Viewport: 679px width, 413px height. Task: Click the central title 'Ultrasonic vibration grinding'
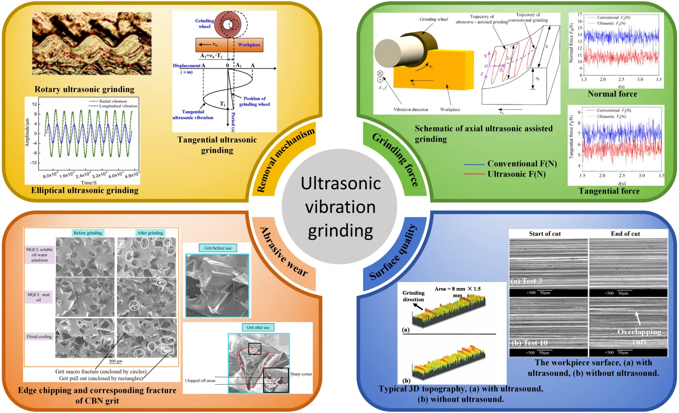(340, 207)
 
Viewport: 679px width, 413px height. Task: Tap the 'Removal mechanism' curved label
(285, 160)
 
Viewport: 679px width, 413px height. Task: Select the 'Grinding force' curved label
(396, 159)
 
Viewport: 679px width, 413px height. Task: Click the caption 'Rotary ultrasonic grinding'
(84, 89)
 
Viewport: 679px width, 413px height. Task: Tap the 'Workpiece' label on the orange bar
(249, 45)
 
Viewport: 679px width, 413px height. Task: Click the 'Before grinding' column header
(88, 233)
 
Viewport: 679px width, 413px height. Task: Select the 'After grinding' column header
(150, 233)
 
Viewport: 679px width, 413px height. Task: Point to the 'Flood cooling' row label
(39, 337)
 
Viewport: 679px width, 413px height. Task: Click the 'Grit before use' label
(218, 248)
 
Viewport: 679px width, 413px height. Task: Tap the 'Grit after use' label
(258, 328)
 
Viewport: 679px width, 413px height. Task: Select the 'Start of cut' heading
(545, 234)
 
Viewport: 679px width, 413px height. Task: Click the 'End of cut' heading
(625, 234)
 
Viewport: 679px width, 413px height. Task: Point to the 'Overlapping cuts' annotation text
(639, 336)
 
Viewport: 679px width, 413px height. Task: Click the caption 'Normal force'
(612, 94)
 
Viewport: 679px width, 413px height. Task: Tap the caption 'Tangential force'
(609, 191)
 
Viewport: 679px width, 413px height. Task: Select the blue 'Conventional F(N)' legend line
(474, 164)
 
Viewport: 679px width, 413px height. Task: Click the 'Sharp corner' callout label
(301, 374)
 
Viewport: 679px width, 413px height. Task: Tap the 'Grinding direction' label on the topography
(413, 296)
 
